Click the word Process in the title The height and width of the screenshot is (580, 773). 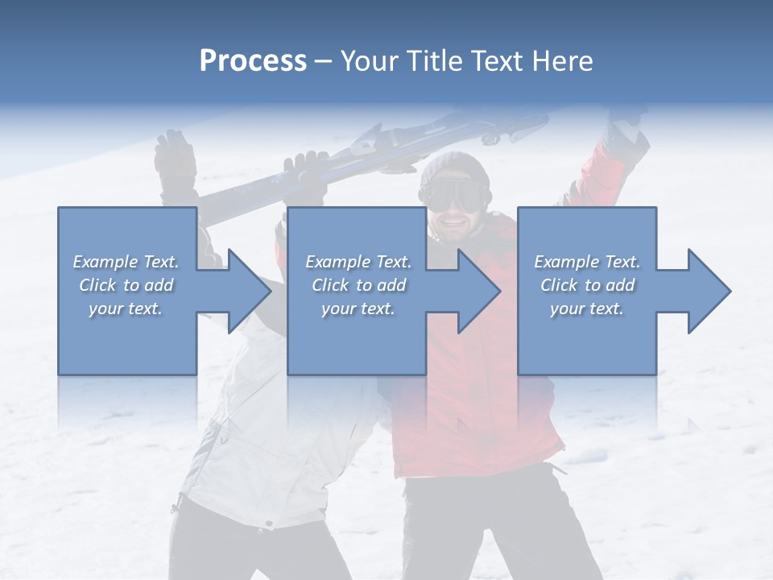[x=253, y=61]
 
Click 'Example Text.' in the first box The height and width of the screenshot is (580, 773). [x=126, y=262]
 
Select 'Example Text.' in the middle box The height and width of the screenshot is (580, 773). [x=358, y=262]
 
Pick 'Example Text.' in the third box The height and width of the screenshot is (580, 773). [x=587, y=262]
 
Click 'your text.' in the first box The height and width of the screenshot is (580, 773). [x=126, y=309]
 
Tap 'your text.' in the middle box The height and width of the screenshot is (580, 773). [x=358, y=309]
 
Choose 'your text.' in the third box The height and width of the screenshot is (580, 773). [x=587, y=309]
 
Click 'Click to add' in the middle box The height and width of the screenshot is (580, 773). [x=358, y=285]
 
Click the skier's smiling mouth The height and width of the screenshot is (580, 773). [x=456, y=221]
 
